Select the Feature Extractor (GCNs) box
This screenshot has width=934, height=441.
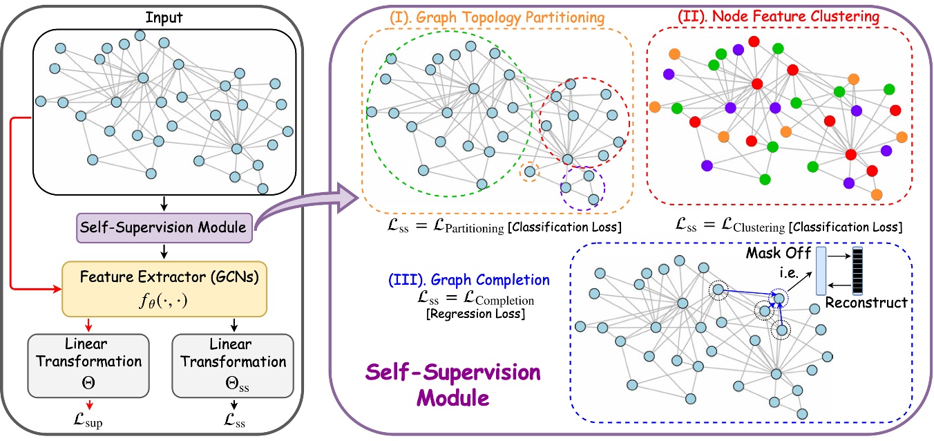(164, 288)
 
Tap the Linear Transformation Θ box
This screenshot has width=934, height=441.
(87, 365)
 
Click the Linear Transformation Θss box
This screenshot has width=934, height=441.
(229, 365)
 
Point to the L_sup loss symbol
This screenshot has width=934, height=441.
(88, 420)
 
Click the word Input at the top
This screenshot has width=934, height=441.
(164, 15)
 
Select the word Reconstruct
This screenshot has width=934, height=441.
(866, 302)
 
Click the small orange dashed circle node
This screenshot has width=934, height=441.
(529, 171)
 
